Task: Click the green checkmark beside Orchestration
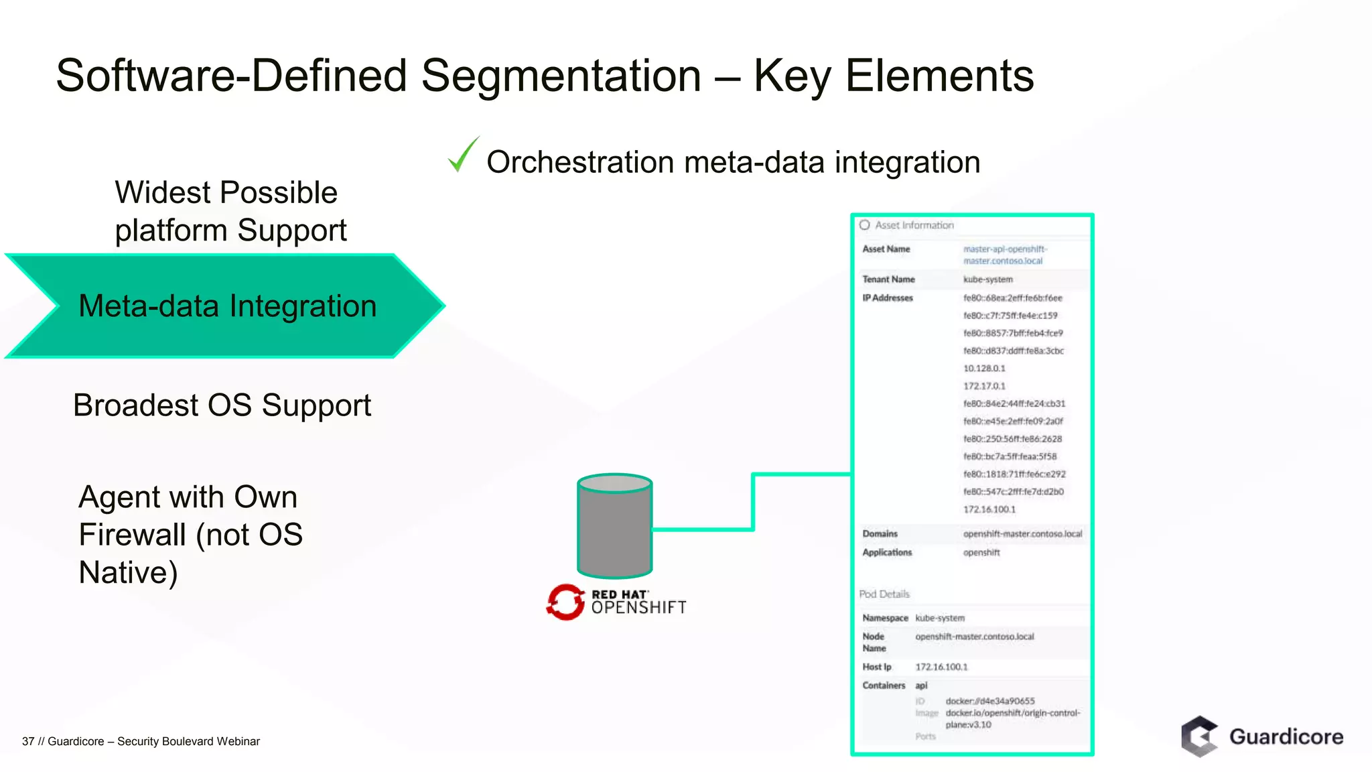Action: [462, 155]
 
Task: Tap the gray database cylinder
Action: [614, 526]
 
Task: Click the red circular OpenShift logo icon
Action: [565, 602]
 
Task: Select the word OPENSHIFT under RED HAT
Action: [638, 608]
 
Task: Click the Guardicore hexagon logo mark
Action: [1199, 736]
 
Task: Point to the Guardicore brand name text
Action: [1286, 736]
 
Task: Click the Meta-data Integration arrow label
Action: [227, 306]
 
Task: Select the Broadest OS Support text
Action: [222, 405]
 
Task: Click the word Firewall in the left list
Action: [132, 535]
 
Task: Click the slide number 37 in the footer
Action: [28, 741]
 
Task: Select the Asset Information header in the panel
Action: [914, 225]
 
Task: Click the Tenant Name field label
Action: [888, 279]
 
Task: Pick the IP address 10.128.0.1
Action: [983, 369]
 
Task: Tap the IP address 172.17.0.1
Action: [983, 386]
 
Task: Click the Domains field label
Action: [880, 534]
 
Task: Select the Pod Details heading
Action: [884, 594]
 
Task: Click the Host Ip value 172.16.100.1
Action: [941, 667]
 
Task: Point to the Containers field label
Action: [884, 686]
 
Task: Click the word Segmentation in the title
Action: [561, 75]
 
